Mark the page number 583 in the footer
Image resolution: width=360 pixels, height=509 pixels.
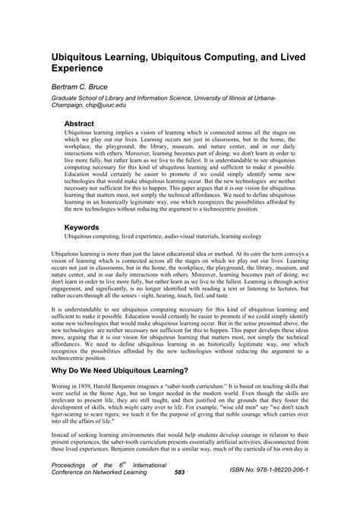179,493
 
